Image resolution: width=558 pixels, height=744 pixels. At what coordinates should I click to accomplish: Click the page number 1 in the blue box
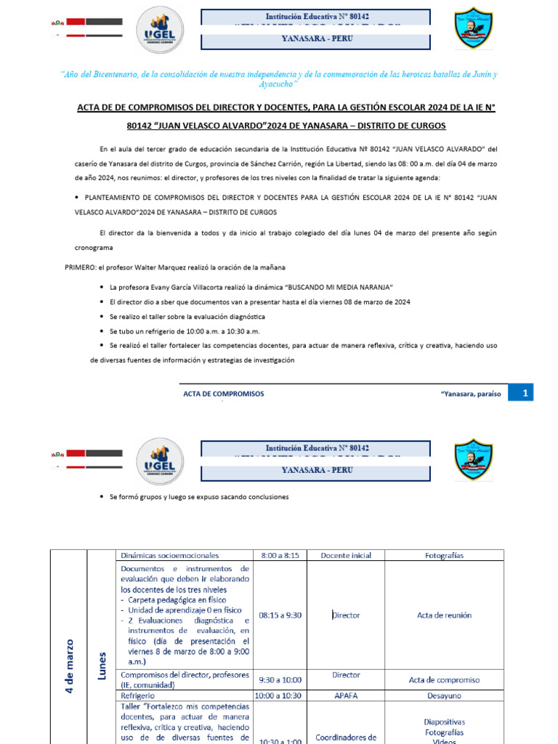(x=525, y=393)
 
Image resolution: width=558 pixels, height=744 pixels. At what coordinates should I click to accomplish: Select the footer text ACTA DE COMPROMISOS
(x=223, y=394)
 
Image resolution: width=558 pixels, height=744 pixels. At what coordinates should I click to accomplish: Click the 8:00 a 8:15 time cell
(x=279, y=555)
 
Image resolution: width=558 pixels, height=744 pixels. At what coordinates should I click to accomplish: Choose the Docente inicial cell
(x=346, y=555)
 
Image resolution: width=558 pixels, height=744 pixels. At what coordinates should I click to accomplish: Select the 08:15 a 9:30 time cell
(x=280, y=615)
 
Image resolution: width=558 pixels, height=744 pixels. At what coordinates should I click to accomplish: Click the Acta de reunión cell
(x=444, y=615)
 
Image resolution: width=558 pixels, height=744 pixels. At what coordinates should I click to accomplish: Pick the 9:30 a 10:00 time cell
(x=280, y=680)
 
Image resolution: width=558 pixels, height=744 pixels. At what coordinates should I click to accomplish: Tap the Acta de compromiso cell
(x=444, y=680)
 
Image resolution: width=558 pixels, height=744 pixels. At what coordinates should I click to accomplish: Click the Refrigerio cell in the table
(x=138, y=695)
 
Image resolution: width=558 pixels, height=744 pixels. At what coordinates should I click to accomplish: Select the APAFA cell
(x=346, y=695)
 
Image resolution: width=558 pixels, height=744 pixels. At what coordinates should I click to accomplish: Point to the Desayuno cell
(x=444, y=695)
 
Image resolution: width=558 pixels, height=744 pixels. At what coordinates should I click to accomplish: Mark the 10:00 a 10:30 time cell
(x=280, y=695)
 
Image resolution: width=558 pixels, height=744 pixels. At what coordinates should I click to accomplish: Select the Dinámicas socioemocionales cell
(x=170, y=555)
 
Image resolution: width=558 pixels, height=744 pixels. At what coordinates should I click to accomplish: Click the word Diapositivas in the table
(x=444, y=721)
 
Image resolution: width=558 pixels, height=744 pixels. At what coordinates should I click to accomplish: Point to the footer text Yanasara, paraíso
(x=471, y=394)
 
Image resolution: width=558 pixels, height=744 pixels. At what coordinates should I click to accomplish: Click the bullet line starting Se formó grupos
(x=198, y=497)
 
